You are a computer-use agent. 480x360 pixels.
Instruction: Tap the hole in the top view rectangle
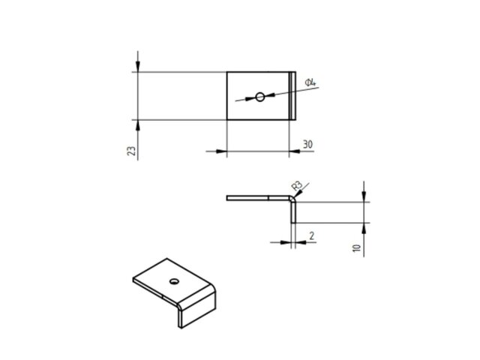coord(259,96)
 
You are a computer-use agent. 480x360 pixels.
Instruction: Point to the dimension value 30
coord(307,143)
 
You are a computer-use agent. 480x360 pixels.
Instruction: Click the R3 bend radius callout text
coord(297,185)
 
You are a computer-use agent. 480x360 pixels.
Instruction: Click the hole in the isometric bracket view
coord(173,281)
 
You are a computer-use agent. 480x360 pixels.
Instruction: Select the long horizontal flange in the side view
coord(255,199)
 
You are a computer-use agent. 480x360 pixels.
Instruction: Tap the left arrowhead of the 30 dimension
coord(221,151)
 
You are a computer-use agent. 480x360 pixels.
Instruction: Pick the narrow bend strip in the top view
coord(292,95)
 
